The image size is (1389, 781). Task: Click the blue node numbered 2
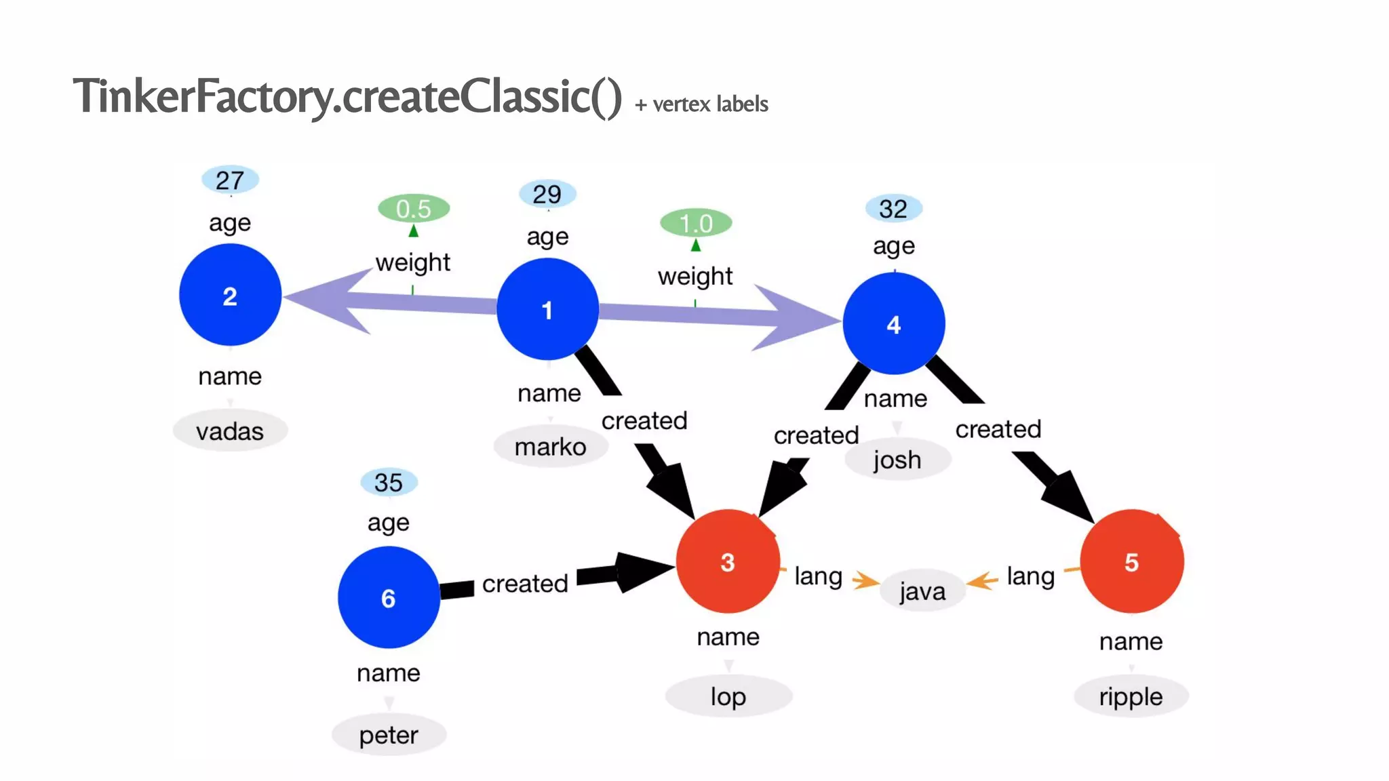(230, 296)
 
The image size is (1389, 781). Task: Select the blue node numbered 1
(547, 310)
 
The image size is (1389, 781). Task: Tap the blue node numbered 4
(893, 324)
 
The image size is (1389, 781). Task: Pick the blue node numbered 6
(388, 597)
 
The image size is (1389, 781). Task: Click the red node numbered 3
(727, 561)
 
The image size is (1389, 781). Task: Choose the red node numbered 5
(1131, 561)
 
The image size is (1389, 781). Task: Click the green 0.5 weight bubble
(413, 208)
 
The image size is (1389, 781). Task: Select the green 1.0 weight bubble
(696, 223)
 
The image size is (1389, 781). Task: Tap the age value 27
(230, 180)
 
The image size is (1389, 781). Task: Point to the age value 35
(388, 483)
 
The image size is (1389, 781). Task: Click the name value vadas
(230, 431)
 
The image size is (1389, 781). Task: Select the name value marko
(550, 447)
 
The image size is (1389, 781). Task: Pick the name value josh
(897, 460)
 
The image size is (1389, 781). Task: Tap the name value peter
(388, 735)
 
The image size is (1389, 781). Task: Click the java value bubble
(922, 591)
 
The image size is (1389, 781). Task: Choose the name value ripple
(1131, 696)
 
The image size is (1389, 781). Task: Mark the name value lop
(728, 696)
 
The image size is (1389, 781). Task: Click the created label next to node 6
(525, 583)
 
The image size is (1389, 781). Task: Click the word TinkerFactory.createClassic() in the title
(347, 96)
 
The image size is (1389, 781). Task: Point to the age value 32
(893, 209)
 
